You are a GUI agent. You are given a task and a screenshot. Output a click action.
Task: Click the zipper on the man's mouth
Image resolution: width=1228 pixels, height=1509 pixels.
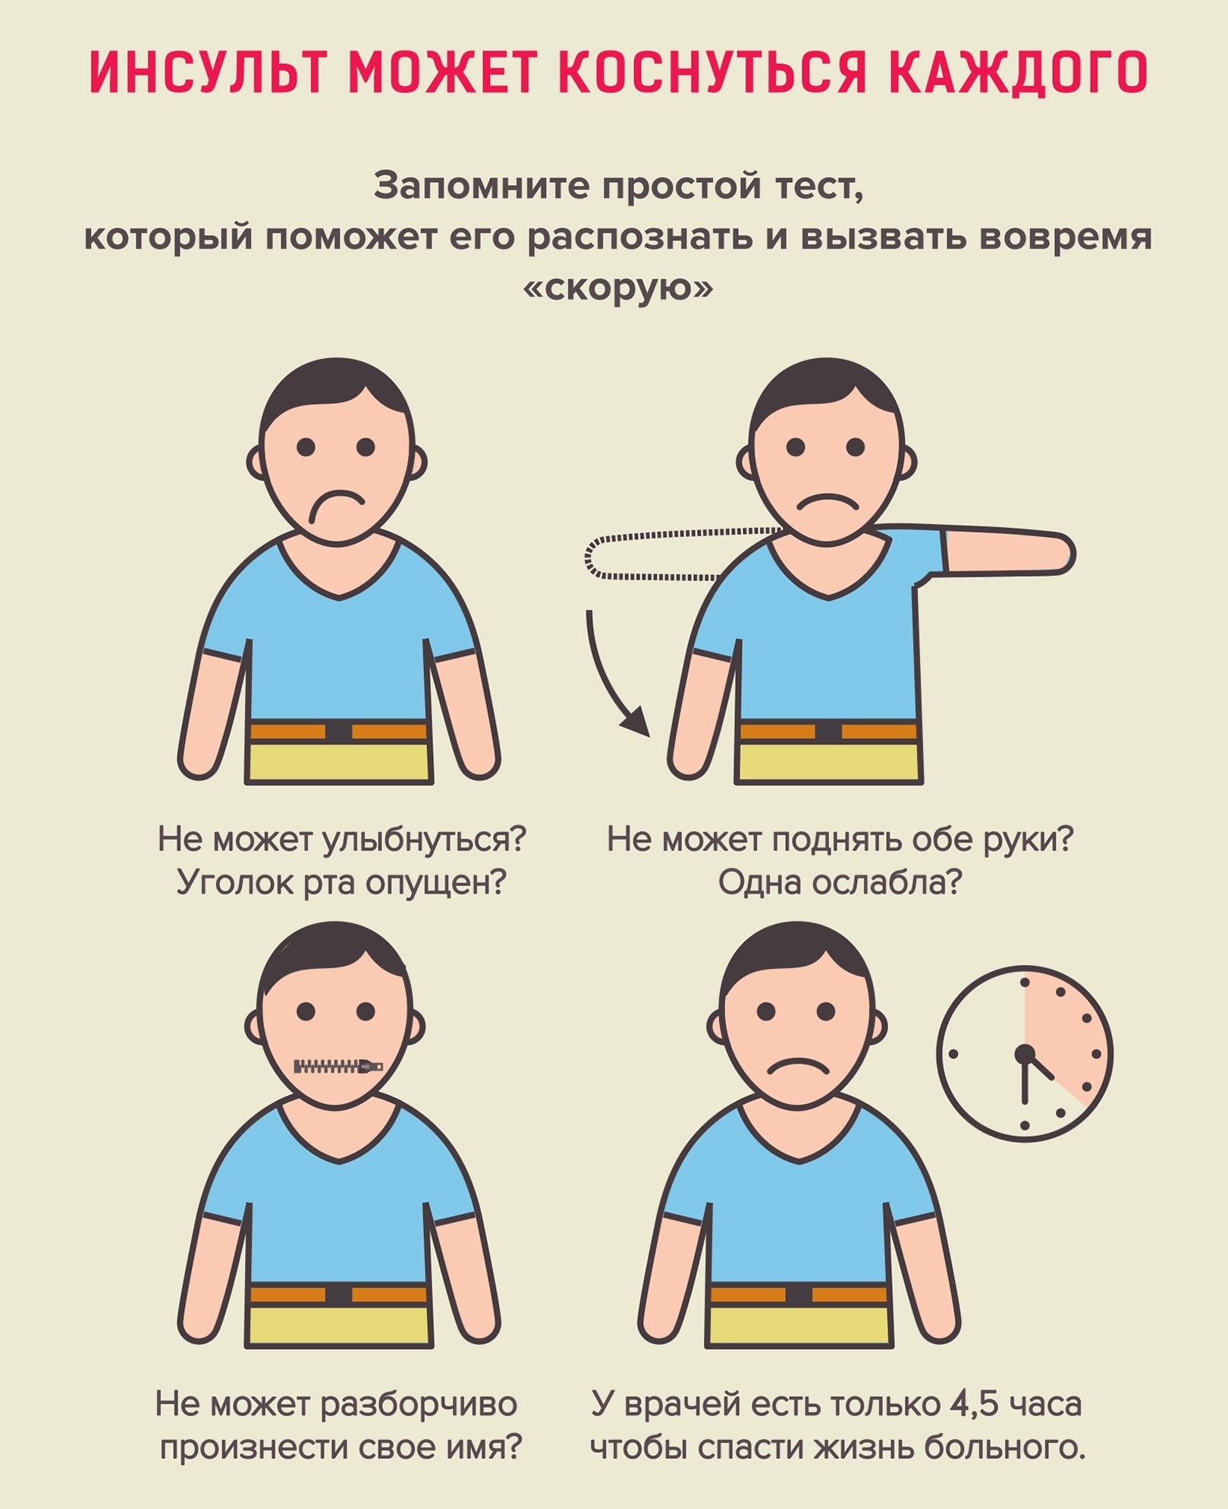coord(338,1067)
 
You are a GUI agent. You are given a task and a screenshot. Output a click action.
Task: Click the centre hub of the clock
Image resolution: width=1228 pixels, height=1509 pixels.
coord(1025,1053)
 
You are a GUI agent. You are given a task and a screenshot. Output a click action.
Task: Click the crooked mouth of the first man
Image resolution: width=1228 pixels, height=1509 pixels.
coord(335,503)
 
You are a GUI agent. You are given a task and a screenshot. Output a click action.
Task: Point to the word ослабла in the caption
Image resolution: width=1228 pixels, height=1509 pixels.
coord(887,882)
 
